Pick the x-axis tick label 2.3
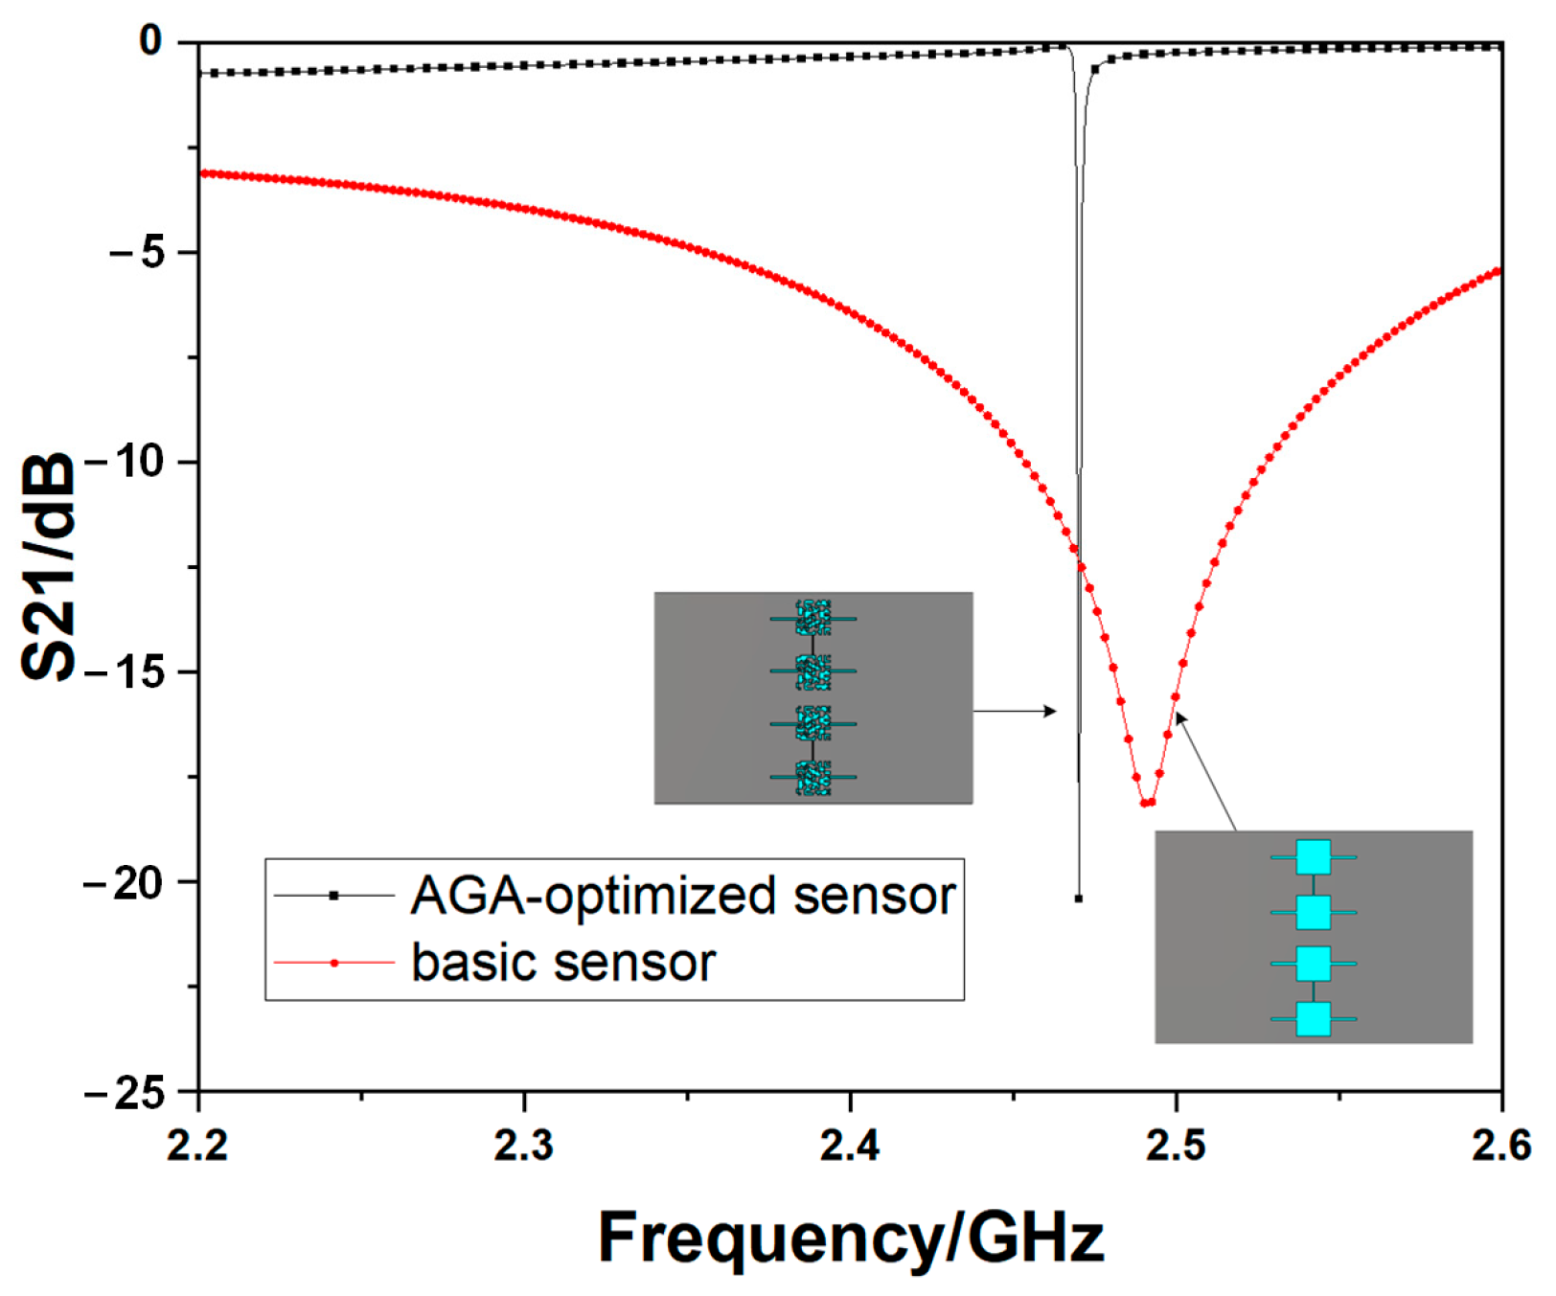tap(524, 1146)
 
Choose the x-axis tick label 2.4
tap(850, 1146)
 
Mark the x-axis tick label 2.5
tap(1176, 1146)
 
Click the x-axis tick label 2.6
tap(1500, 1146)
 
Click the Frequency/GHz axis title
tap(851, 1238)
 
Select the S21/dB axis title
tap(48, 565)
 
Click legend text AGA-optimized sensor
tap(683, 896)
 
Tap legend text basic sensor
tap(563, 962)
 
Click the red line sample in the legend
tap(333, 962)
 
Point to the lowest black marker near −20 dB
tap(1079, 898)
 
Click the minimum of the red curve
tap(1148, 803)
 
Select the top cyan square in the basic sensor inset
tap(1314, 857)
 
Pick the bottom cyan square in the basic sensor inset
tap(1314, 1019)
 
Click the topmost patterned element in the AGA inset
tap(813, 618)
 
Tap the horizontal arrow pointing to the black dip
tap(1016, 711)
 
